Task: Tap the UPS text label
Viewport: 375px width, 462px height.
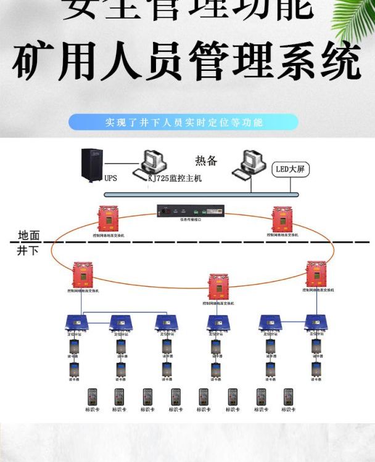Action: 110,179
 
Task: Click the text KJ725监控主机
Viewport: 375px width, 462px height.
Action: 175,178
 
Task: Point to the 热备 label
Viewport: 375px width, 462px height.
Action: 206,161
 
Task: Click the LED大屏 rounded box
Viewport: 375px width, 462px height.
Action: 289,168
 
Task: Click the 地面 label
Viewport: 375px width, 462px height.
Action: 28,235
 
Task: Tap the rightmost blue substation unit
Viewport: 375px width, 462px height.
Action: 315,322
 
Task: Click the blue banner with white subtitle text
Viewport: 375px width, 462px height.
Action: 183,122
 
